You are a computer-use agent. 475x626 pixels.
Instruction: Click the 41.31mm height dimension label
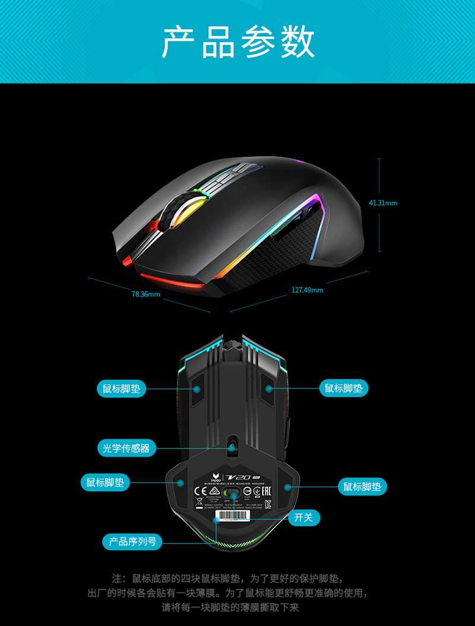[383, 203]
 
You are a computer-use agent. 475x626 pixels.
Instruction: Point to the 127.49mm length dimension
[308, 290]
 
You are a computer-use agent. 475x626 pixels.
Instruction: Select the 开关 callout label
[303, 517]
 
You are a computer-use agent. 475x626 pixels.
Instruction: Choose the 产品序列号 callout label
[132, 541]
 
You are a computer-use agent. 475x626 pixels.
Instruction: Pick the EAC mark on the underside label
[265, 491]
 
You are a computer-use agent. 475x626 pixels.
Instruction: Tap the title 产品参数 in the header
[237, 42]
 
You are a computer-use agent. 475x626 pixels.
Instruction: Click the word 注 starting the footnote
[116, 578]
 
